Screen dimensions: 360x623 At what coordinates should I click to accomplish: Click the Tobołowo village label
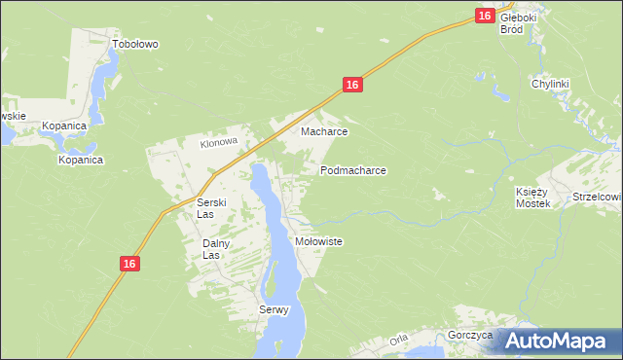point(135,44)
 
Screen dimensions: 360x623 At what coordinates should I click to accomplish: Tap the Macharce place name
point(324,131)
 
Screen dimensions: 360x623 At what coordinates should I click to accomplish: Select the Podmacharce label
point(353,170)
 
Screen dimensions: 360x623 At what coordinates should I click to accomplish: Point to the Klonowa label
point(219,142)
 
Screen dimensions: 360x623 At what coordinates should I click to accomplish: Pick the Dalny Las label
point(215,249)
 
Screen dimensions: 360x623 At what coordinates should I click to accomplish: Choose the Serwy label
point(275,310)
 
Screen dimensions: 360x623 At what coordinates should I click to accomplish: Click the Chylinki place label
point(550,85)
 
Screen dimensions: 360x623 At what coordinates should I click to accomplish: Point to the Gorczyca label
point(471,335)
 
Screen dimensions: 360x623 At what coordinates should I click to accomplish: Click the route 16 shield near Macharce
point(352,86)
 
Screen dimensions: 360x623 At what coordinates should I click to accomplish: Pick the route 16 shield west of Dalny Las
point(130,264)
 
